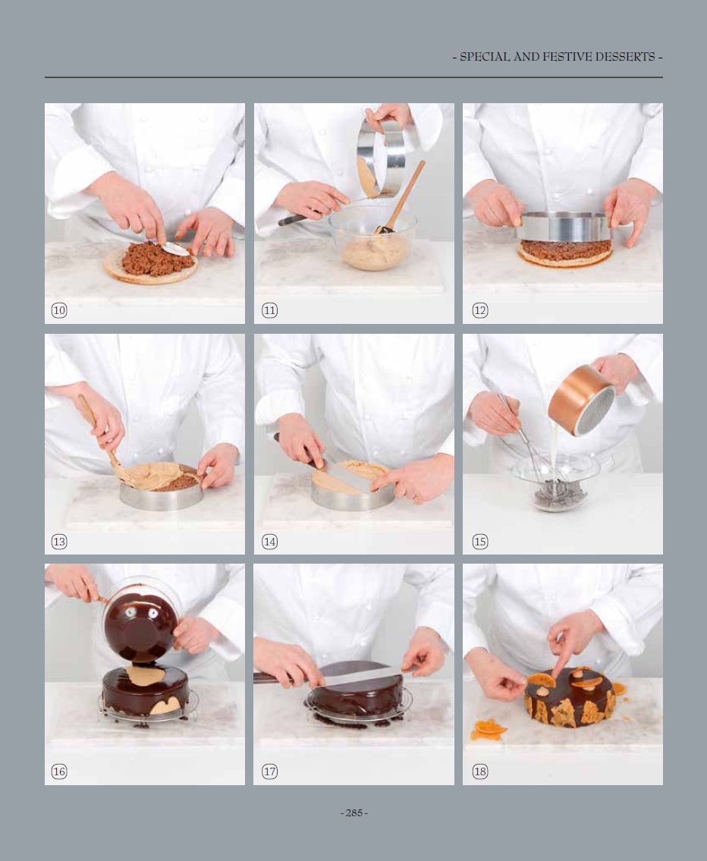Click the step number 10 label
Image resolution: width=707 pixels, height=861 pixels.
[x=58, y=310]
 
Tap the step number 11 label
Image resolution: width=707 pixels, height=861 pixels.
[x=269, y=310]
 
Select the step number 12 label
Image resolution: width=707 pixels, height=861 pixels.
[x=479, y=310]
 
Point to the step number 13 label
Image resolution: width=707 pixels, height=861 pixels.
[x=58, y=542]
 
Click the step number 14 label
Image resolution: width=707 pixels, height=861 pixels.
[x=269, y=542]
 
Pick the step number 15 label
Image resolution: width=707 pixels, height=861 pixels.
[x=479, y=542]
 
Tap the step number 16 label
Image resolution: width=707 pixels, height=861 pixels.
[x=58, y=771]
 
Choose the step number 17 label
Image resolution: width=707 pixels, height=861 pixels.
[x=269, y=771]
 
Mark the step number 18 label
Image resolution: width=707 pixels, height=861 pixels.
[x=479, y=771]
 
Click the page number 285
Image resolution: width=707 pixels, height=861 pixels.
[x=354, y=812]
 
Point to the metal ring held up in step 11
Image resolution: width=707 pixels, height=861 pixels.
[x=381, y=158]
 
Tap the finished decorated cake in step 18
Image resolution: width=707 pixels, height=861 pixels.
[x=569, y=696]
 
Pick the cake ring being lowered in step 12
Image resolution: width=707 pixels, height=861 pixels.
[x=563, y=226]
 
